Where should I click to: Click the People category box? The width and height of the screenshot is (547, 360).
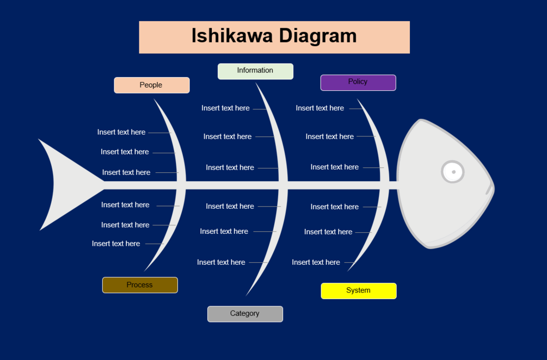pos(151,85)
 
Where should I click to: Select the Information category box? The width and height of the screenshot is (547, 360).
pos(255,71)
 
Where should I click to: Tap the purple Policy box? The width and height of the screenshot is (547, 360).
pos(358,82)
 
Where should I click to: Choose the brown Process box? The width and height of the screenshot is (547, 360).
pos(140,285)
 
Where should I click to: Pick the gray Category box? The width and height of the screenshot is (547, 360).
pos(245,314)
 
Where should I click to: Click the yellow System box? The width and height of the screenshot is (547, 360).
pos(358,290)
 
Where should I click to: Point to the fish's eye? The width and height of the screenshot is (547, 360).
pos(452,172)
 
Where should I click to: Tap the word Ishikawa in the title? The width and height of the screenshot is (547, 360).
pos(232,36)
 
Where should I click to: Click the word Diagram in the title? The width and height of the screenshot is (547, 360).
pos(318,36)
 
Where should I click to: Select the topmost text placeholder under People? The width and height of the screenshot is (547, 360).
pos(121,132)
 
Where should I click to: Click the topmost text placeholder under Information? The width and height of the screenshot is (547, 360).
pos(225,108)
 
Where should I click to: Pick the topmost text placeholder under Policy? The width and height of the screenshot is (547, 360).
pos(319,108)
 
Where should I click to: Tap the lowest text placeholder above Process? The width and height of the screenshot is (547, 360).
pos(116,244)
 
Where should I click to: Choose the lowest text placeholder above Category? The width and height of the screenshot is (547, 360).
pos(221,262)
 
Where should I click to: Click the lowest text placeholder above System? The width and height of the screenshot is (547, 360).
pos(316,262)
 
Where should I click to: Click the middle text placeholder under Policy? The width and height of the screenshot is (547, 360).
pos(329,136)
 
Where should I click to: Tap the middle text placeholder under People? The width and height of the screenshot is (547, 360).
pos(125,152)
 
